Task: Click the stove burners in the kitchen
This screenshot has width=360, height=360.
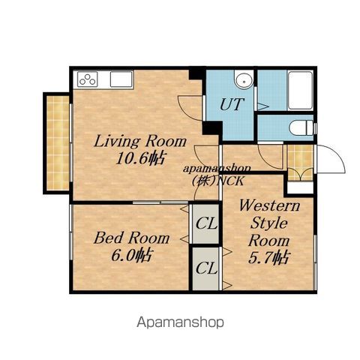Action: [87, 79]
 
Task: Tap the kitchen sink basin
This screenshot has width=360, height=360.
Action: [121, 79]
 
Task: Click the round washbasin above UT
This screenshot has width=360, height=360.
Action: [244, 80]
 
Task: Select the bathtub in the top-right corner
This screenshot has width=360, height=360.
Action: [300, 91]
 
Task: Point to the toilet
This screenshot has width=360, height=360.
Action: [301, 128]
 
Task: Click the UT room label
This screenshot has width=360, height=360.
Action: [232, 104]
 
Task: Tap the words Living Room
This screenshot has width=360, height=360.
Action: [140, 141]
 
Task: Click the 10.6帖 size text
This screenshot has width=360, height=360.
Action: [140, 158]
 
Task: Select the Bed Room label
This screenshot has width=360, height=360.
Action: [132, 238]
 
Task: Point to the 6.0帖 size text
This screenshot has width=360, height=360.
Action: [131, 255]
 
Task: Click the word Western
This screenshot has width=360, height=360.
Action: [269, 205]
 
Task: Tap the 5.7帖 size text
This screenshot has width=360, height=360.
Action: [269, 257]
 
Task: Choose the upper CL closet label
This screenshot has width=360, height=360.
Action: [206, 223]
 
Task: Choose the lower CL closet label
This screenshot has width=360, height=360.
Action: [206, 268]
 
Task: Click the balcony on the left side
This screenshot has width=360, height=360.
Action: [58, 142]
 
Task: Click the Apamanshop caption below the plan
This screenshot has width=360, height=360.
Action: [180, 322]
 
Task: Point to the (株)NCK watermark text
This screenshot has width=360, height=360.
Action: [217, 181]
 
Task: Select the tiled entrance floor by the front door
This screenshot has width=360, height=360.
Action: [300, 163]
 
